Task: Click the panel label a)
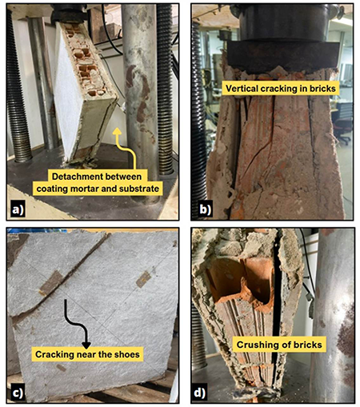click(18, 209)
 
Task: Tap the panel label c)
click(18, 393)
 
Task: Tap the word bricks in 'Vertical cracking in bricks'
click(322, 89)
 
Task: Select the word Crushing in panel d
click(254, 345)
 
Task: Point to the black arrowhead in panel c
click(86, 345)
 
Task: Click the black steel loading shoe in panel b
click(282, 55)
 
